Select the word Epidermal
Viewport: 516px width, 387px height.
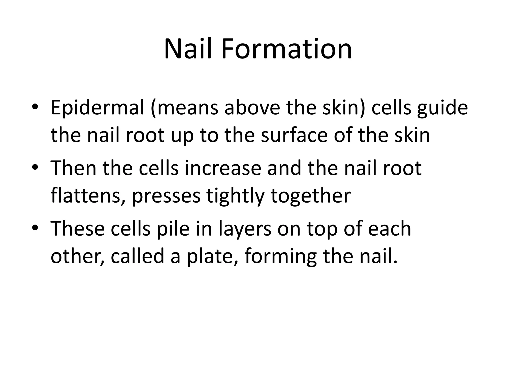click(98, 108)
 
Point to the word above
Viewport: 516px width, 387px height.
click(252, 108)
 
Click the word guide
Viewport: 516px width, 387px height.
click(442, 108)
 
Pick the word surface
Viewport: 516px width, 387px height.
click(294, 135)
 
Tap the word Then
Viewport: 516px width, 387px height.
click(74, 168)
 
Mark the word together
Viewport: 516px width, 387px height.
click(311, 196)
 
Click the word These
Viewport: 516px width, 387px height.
click(78, 229)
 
